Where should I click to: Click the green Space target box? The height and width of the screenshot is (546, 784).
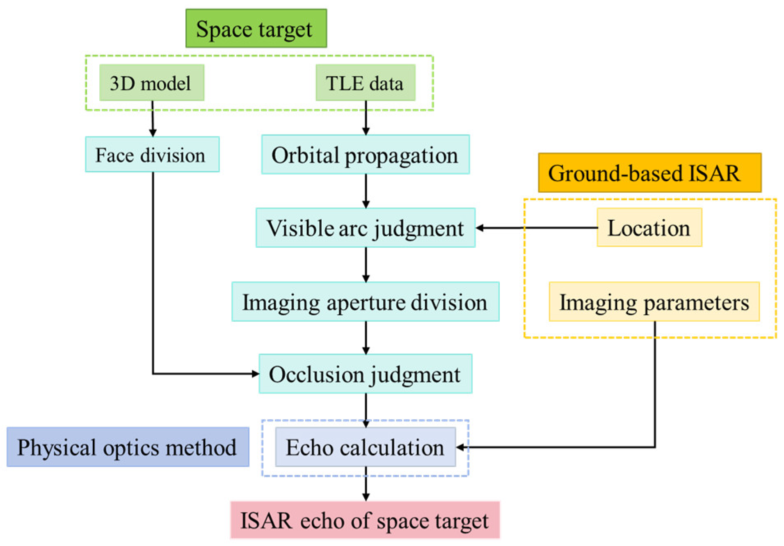point(256,29)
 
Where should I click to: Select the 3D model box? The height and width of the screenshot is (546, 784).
point(151,83)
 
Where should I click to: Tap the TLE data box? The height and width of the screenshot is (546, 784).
point(365,83)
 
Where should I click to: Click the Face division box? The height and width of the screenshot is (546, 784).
point(152,155)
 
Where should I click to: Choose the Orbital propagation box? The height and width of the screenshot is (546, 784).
point(365,155)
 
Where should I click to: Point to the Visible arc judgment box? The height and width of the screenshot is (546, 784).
point(365,228)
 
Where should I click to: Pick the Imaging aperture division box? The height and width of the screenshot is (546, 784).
point(365,302)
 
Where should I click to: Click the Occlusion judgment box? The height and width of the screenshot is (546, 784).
point(365,374)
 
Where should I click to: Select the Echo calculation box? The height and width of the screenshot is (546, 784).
point(365,447)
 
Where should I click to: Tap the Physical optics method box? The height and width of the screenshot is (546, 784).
point(128,447)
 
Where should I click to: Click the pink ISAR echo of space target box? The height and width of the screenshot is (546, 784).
point(365,520)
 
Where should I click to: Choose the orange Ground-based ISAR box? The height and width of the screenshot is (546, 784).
point(649,173)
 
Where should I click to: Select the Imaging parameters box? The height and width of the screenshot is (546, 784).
point(654,302)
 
